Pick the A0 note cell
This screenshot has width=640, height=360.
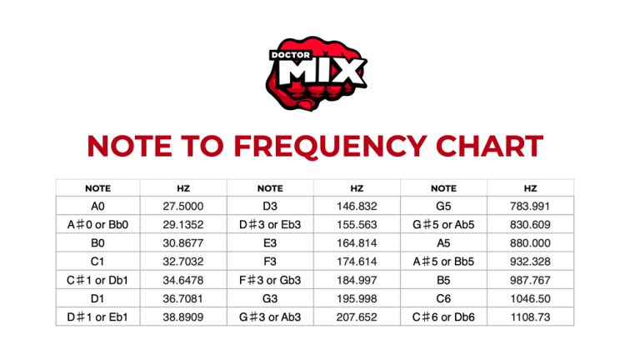[98, 206]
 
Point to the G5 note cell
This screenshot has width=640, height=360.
[443, 206]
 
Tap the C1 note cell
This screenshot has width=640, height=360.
[98, 261]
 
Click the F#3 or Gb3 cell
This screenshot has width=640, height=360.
[270, 279]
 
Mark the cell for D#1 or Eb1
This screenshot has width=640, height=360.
[98, 317]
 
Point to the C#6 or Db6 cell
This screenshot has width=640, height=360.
[443, 317]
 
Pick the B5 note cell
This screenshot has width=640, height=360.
[443, 279]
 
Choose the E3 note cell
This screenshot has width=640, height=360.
[270, 242]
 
